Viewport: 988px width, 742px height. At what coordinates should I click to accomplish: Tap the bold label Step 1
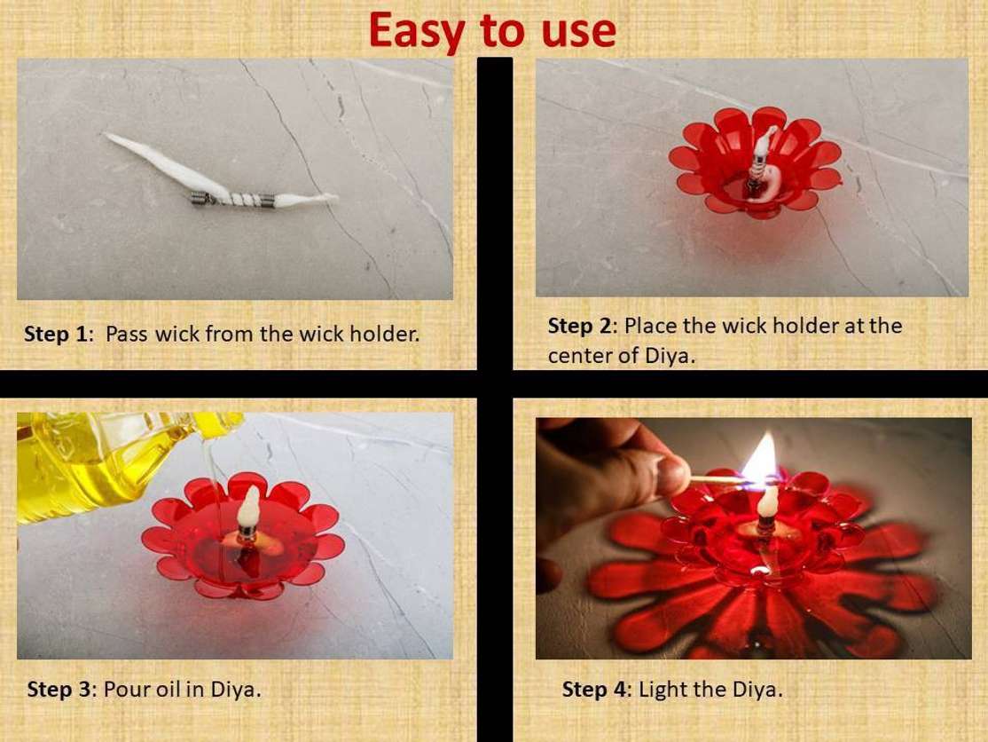point(57,335)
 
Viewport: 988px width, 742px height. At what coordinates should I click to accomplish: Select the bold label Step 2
point(580,326)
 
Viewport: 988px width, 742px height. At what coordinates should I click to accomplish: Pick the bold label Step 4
point(595,689)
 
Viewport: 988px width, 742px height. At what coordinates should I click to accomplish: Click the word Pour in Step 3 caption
point(124,689)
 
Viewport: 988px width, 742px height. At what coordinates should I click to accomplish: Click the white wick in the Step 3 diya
point(249,509)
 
